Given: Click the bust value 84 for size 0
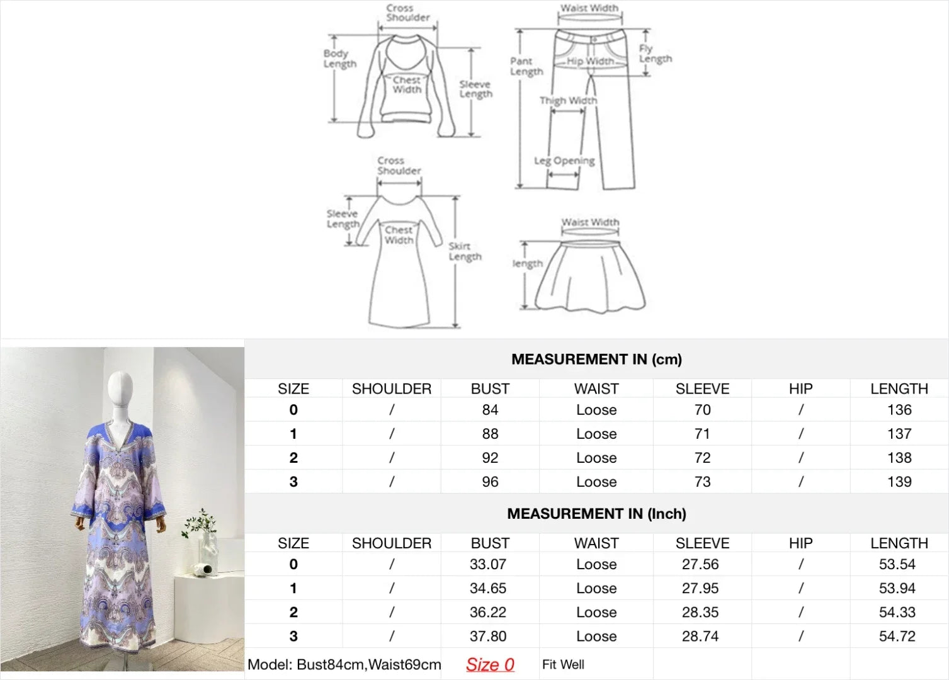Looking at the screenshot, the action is coord(490,410).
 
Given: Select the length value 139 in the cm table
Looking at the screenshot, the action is coord(899,482).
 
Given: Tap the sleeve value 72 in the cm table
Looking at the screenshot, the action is coord(702,458).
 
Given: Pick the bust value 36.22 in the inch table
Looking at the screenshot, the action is coord(487,612).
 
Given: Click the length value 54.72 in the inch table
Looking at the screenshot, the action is coord(897,637).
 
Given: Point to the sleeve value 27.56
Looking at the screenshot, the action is coord(700,564).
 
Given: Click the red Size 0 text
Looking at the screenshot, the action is coord(490,664).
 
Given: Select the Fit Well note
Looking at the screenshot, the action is coord(563,664).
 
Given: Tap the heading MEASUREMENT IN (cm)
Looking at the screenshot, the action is coord(596,360).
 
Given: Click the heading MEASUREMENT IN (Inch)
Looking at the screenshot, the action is coord(596,514).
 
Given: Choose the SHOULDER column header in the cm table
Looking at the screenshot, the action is coord(392,388).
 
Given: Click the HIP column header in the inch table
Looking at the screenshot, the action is coord(800,543).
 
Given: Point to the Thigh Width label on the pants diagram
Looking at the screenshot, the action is coord(568,100).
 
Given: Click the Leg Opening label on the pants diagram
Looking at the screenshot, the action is coord(564,161).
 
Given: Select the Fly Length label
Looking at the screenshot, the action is coord(655,54).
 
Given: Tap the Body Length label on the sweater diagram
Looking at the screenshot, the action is coord(340,59).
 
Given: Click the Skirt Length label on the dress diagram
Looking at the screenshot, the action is coord(465,252).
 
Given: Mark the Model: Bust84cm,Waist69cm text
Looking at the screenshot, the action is coord(344,664).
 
